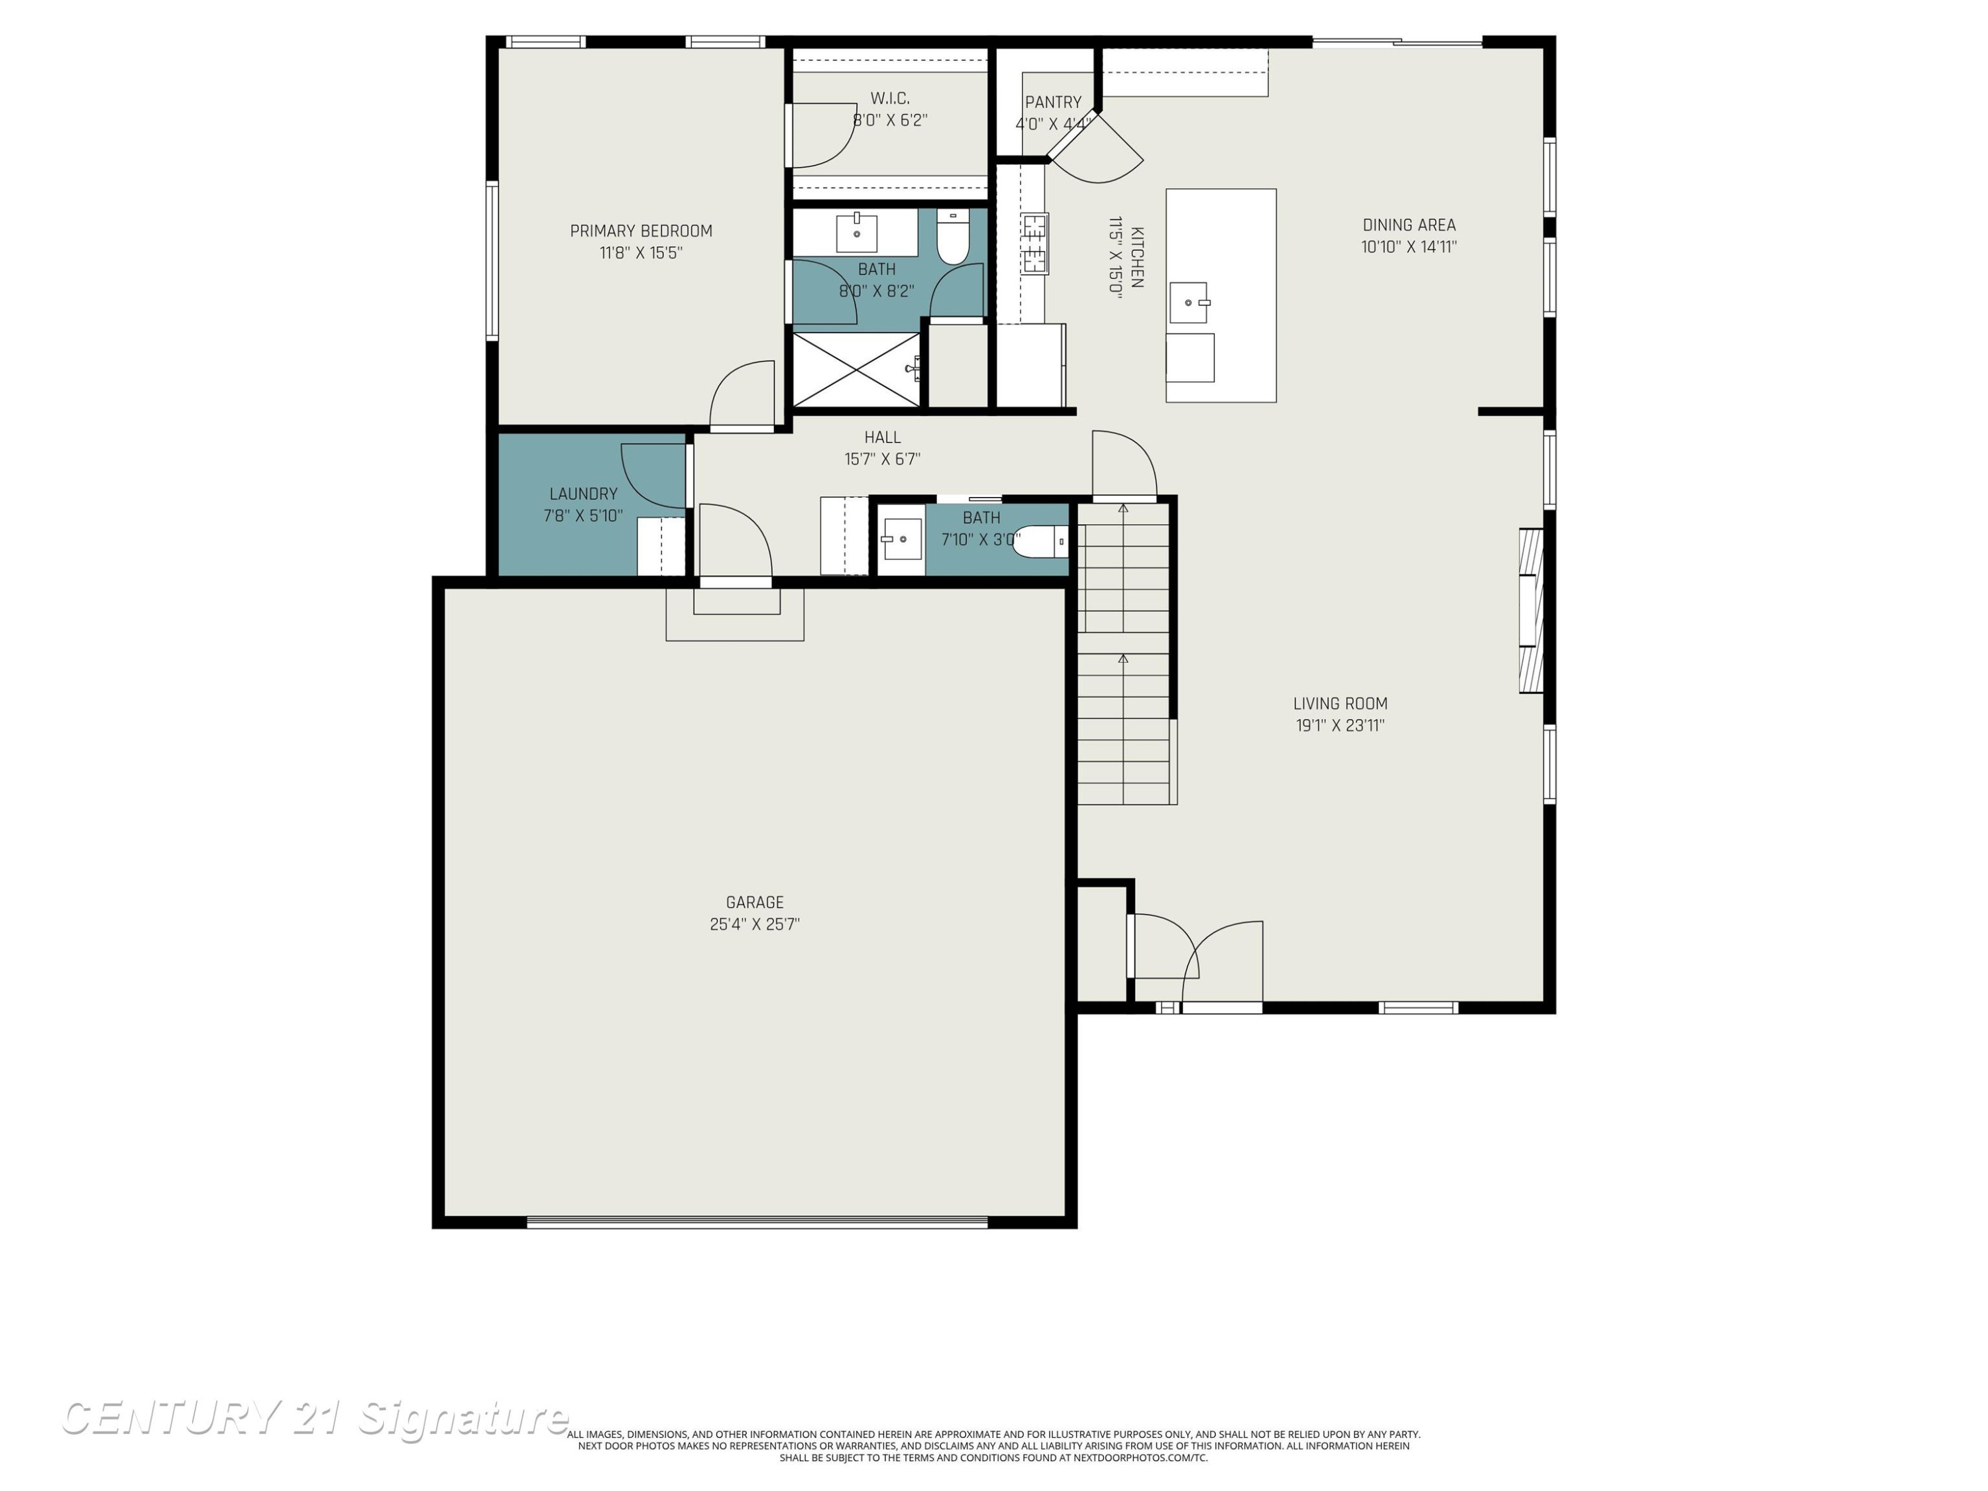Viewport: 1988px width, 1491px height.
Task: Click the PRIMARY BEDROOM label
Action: point(641,231)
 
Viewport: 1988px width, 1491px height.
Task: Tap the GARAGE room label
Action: point(755,903)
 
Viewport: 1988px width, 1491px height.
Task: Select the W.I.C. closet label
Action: point(890,98)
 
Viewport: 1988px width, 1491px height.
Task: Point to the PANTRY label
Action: point(1054,103)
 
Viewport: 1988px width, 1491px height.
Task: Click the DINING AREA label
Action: point(1409,225)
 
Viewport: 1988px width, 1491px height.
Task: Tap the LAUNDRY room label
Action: point(583,494)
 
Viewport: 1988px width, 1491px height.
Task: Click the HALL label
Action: point(883,437)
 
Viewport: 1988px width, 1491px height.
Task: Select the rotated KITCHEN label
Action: point(1137,257)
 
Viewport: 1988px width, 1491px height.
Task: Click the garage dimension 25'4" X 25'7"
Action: point(755,924)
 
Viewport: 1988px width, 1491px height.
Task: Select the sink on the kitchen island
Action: point(1189,303)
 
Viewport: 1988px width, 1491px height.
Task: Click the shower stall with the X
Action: point(856,370)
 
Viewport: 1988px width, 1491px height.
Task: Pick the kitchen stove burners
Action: point(1034,243)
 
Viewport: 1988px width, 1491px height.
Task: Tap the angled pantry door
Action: point(1097,148)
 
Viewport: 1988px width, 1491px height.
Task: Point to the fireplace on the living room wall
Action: point(1531,610)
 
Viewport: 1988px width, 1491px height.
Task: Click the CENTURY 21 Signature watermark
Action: point(315,1417)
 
